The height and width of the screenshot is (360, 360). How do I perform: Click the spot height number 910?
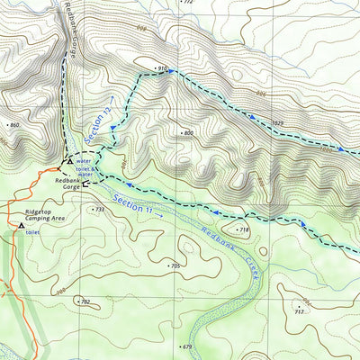[163, 68]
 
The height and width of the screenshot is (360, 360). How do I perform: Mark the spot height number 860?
[13, 124]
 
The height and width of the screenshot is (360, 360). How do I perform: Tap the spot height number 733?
[99, 209]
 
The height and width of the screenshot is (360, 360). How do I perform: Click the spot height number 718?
[243, 230]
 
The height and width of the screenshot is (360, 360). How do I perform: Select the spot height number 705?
[175, 266]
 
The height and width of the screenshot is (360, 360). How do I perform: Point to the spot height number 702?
[85, 301]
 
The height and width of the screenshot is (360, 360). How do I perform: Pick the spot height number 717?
[300, 312]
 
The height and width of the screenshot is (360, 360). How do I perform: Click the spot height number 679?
[187, 346]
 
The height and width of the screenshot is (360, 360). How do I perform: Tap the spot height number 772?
[187, 3]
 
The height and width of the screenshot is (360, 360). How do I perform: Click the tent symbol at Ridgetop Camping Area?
[21, 226]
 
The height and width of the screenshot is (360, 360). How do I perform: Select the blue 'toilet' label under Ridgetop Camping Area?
[32, 232]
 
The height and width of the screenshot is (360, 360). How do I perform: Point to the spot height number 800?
[187, 133]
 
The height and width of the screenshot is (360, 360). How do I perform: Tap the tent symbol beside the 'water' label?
[69, 160]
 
